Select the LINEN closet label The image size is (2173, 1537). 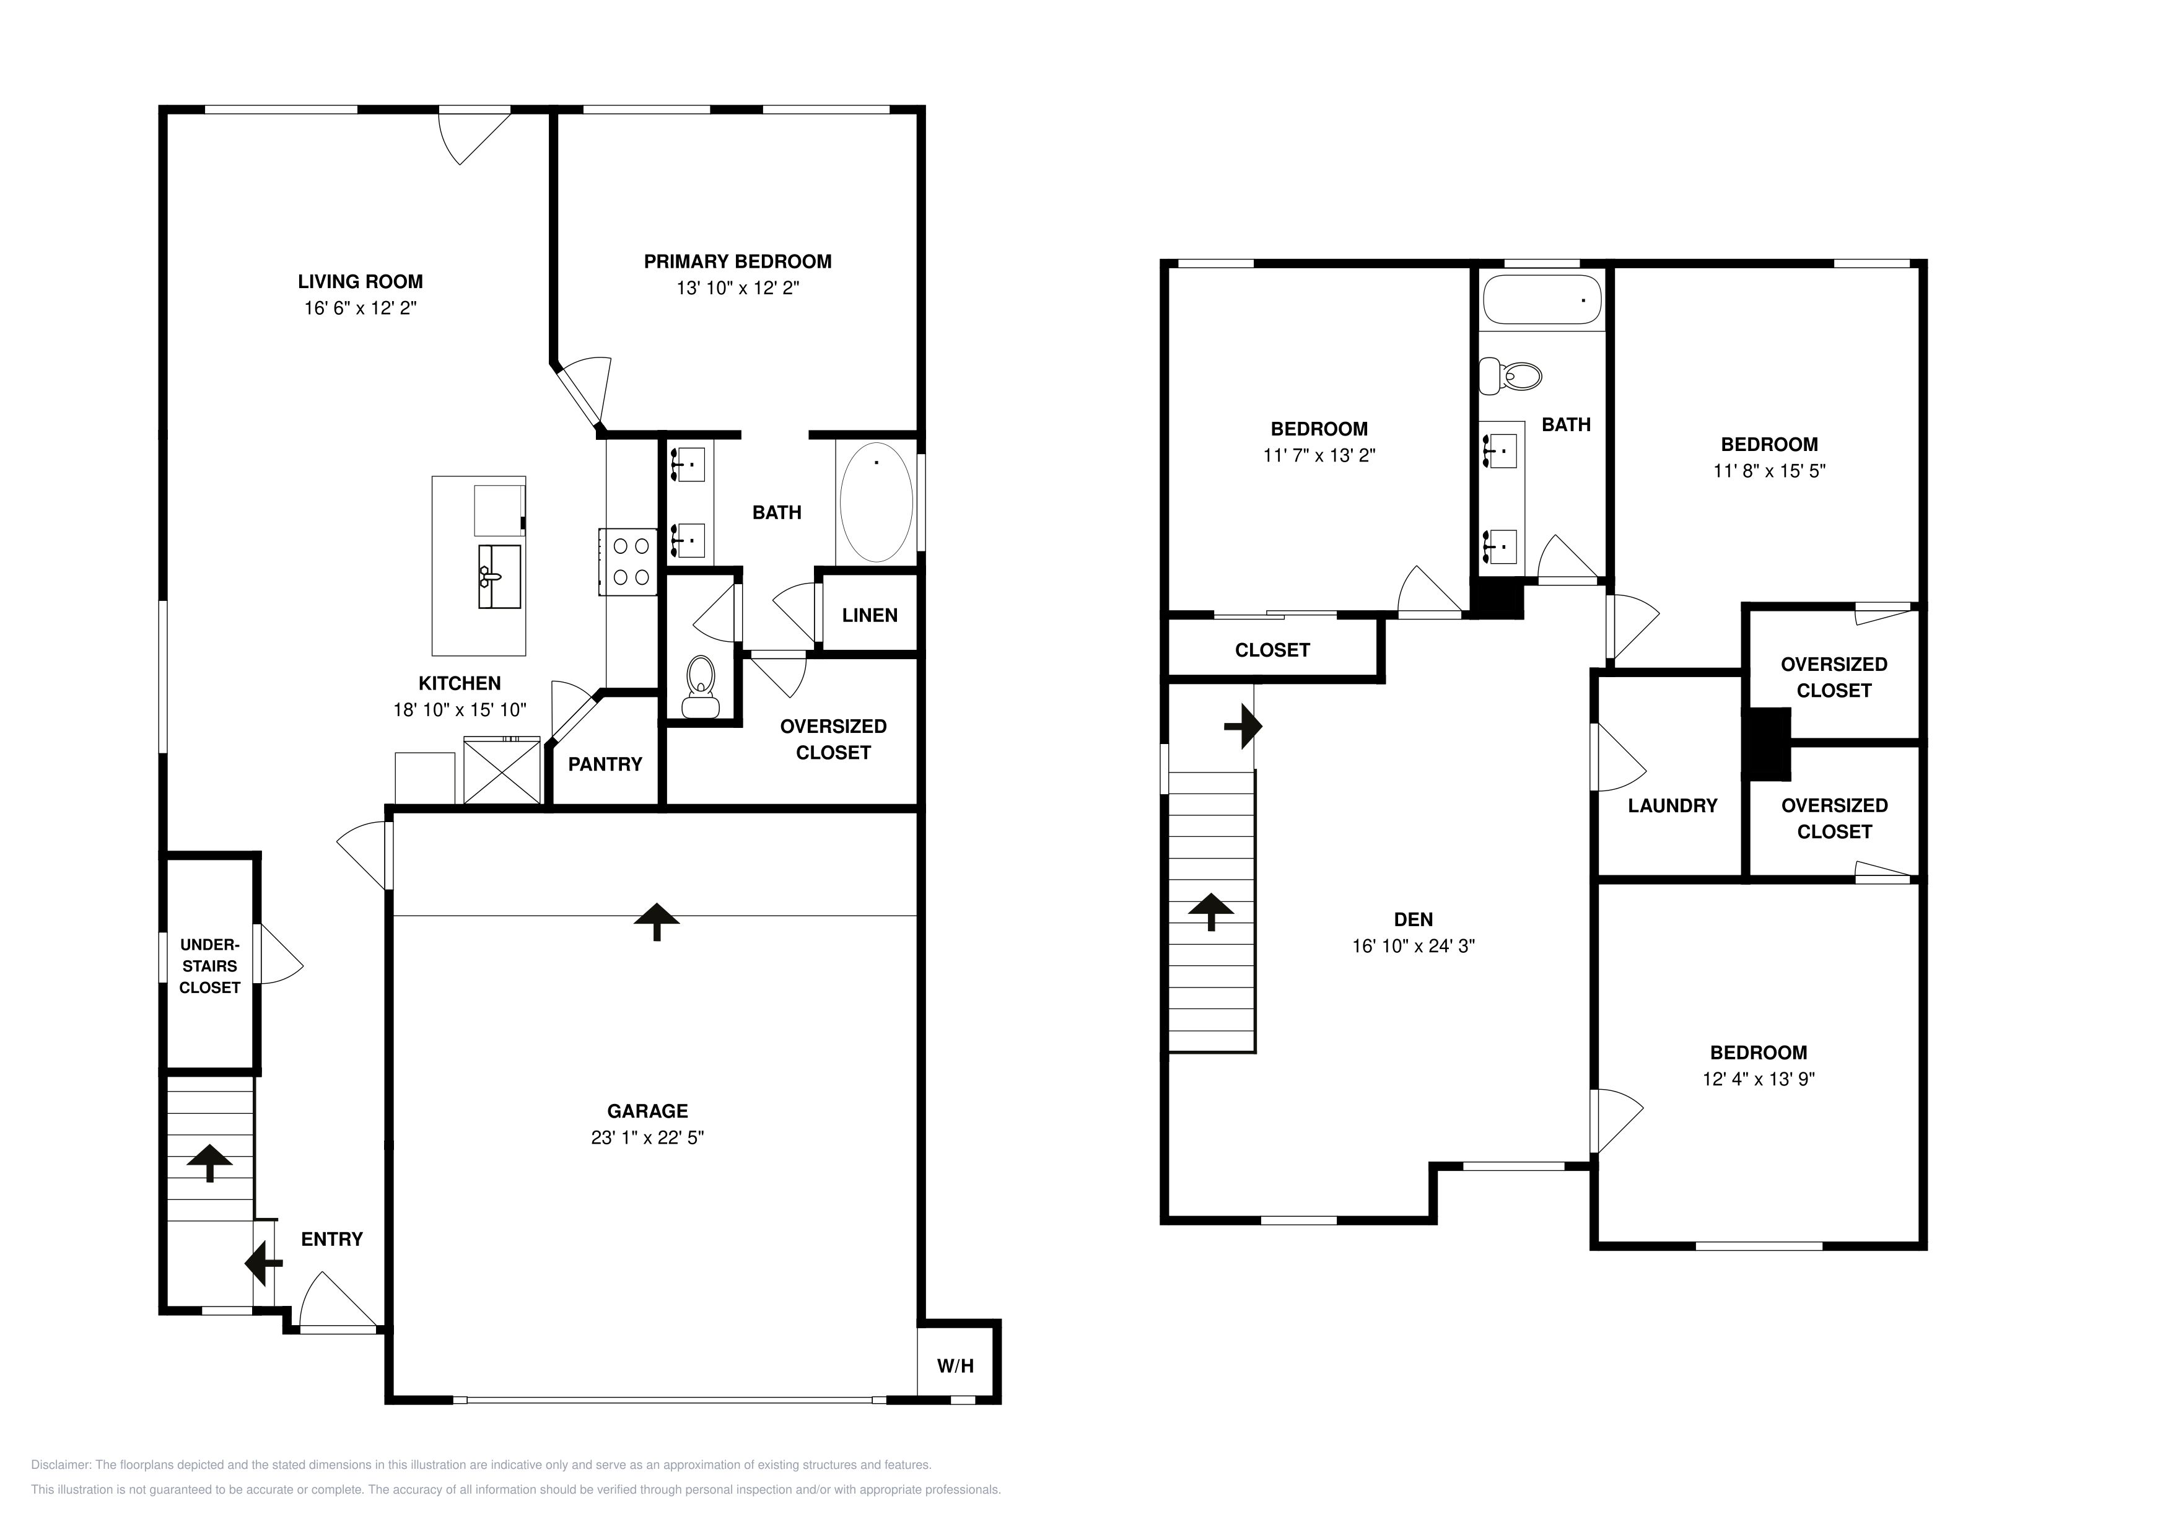point(870,615)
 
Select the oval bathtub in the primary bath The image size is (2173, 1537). point(877,502)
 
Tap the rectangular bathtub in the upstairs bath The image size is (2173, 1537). point(1542,299)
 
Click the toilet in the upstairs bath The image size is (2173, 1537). point(1510,376)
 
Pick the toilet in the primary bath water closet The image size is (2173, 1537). point(701,687)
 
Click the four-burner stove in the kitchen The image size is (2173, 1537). point(629,561)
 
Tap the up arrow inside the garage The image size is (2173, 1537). point(657,921)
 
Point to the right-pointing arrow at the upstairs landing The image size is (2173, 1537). point(1243,727)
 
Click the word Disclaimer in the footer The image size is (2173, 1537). point(61,1465)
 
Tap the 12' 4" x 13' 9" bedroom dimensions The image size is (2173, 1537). point(1759,1079)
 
